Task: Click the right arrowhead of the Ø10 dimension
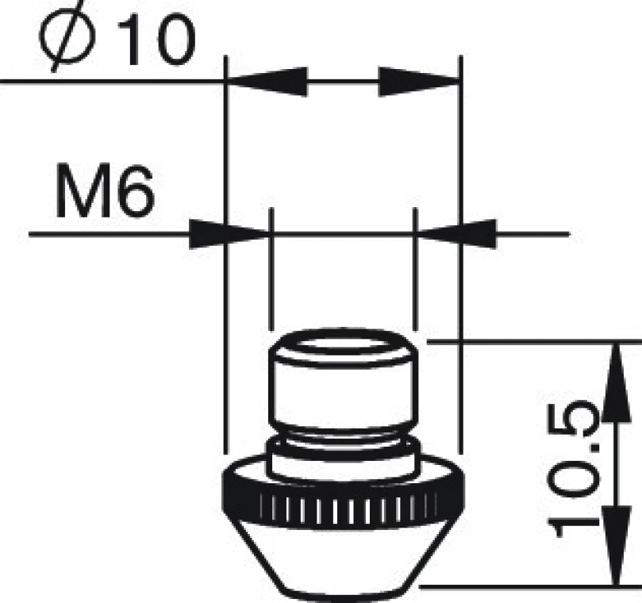tap(419, 81)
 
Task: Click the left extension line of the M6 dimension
tap(271, 278)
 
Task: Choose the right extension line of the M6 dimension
tap(415, 278)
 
